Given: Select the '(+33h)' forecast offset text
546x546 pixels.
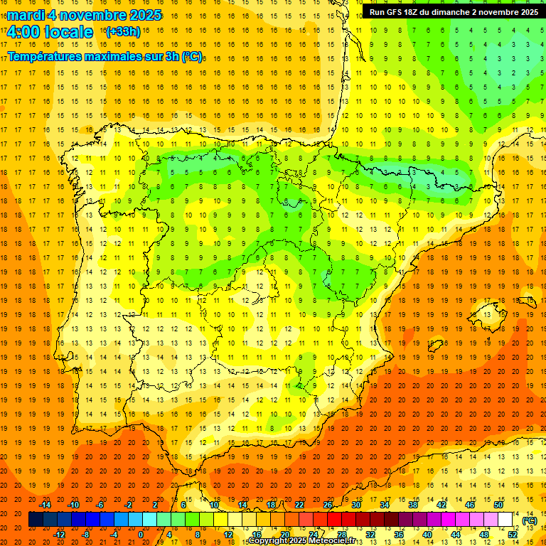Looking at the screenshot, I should (123, 32).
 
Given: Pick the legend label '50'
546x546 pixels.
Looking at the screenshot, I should (498, 505).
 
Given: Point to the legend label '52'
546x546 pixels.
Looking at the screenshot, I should (513, 534).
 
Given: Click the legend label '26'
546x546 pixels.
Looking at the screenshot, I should (328, 505).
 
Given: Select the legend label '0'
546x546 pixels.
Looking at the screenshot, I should (141, 534).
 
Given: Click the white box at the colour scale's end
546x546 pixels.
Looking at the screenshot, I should (505, 520).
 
